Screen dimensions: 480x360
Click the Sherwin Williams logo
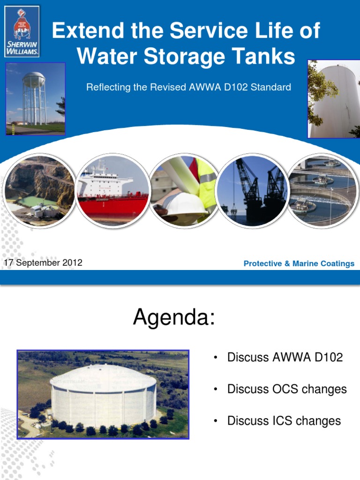click(x=22, y=31)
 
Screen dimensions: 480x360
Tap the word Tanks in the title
click(x=267, y=56)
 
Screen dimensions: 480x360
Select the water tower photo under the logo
click(x=35, y=99)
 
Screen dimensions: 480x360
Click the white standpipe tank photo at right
click(x=333, y=99)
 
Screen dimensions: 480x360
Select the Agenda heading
click(x=174, y=318)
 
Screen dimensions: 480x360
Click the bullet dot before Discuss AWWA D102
click(x=215, y=358)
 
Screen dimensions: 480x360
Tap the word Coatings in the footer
click(x=339, y=264)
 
